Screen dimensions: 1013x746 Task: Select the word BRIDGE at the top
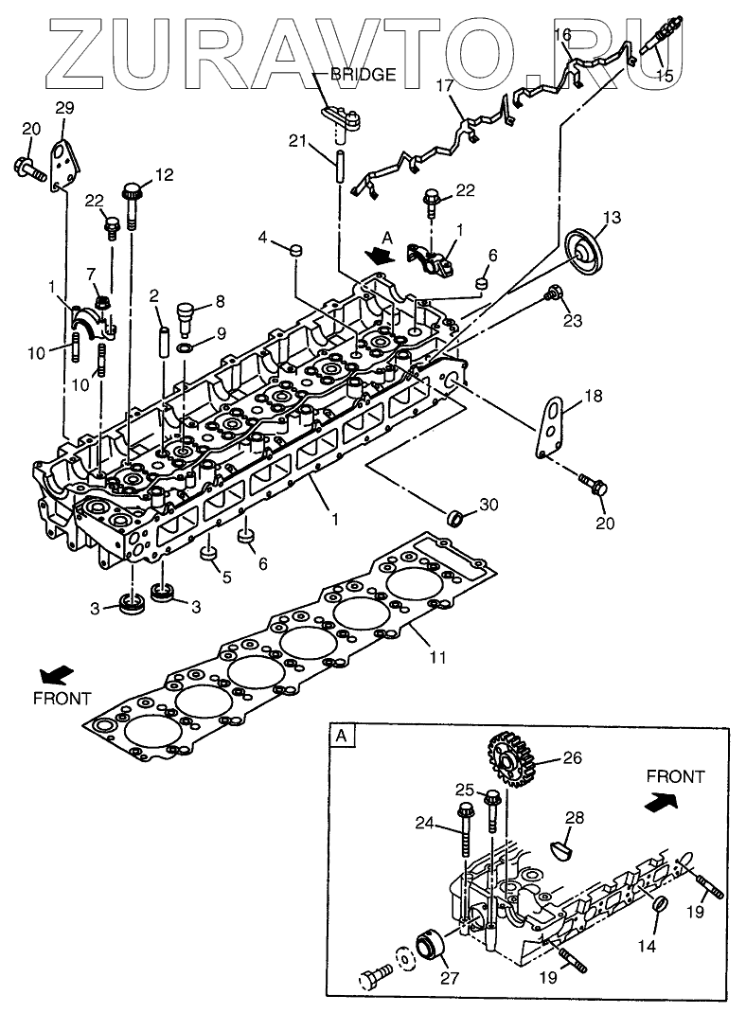(363, 76)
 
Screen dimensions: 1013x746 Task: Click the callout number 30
(488, 506)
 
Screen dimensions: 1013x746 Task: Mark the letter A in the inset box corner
(341, 736)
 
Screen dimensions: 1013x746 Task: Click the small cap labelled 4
(294, 250)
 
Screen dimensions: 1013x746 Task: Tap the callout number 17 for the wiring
(445, 85)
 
